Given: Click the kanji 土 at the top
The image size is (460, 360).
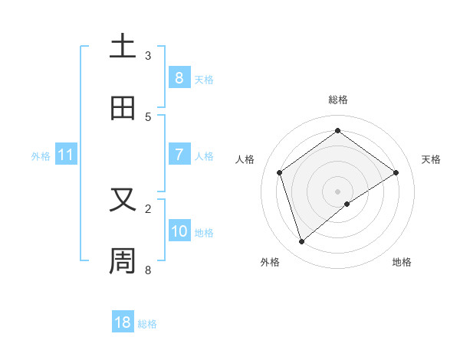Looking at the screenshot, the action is point(123,46).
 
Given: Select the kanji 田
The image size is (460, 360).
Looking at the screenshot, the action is point(123,108).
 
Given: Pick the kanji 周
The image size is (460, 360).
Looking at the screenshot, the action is point(123,260).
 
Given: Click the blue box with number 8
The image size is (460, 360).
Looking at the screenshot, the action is point(179,77).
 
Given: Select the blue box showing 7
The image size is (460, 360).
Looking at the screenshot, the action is point(179,155).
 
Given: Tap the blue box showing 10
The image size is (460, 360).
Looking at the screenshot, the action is point(179,231).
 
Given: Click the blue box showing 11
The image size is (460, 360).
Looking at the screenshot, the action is point(66,155).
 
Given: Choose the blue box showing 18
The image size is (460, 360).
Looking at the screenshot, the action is point(123,322).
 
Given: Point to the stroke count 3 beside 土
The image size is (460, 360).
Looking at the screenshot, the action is point(148,55).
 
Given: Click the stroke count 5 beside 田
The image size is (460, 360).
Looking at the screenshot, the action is point(148,116).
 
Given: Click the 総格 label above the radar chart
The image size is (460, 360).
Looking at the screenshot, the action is point(337,100).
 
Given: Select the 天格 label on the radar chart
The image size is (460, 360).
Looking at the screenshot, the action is point(431,159).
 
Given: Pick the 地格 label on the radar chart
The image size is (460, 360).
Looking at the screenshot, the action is point(402,262).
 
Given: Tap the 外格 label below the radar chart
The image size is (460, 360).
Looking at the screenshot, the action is point(270,262).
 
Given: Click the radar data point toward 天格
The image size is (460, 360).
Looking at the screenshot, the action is point(396,172).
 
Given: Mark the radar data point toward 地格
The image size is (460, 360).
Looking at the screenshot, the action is point(347,204).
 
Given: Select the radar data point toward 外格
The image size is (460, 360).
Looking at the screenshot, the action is point(301,242).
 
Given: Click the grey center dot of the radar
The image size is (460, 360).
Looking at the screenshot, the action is point(337,191).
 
